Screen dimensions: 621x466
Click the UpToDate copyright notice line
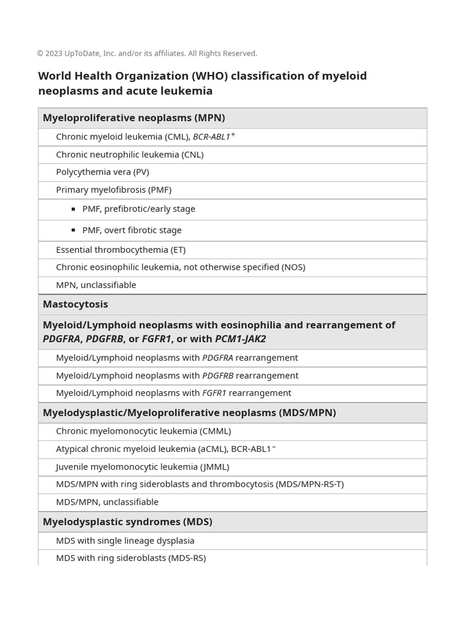pyautogui.click(x=147, y=53)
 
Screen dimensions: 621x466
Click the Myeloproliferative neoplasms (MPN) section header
pyautogui.click(x=133, y=118)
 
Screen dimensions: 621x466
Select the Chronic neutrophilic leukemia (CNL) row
pyautogui.click(x=129, y=155)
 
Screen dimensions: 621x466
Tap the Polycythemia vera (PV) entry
pyautogui.click(x=102, y=172)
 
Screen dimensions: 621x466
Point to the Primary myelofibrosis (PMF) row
pyautogui.click(x=113, y=190)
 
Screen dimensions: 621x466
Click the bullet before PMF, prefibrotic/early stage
pyautogui.click(x=73, y=209)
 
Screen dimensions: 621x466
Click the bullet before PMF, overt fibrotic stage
pyautogui.click(x=73, y=230)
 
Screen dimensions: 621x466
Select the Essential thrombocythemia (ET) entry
pyautogui.click(x=120, y=250)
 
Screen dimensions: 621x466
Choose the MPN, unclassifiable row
pyautogui.click(x=96, y=285)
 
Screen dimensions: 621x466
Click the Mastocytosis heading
pyautogui.click(x=75, y=304)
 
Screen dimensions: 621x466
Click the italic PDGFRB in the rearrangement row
pyautogui.click(x=217, y=376)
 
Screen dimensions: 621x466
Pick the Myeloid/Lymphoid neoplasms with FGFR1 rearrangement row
pyautogui.click(x=173, y=394)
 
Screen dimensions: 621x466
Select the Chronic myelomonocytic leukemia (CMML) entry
pyautogui.click(x=143, y=431)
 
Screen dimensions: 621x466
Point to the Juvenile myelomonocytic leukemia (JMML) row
pyautogui.click(x=142, y=467)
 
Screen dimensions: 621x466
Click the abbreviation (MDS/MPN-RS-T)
pyautogui.click(x=309, y=485)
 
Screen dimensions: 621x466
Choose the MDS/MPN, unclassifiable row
pyautogui.click(x=107, y=502)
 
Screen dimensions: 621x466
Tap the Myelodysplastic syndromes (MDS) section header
pyautogui.click(x=127, y=522)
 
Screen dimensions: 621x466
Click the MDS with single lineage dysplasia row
pyautogui.click(x=125, y=541)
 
